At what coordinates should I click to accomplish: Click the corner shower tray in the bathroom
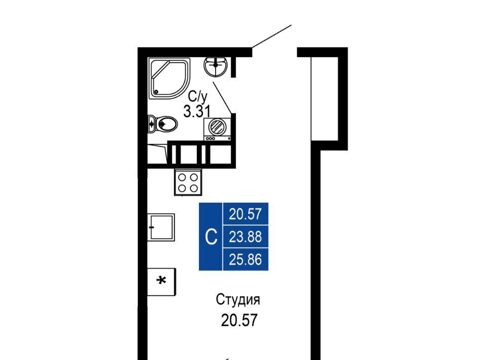pyautogui.click(x=169, y=79)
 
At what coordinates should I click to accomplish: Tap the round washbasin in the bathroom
pyautogui.click(x=216, y=66)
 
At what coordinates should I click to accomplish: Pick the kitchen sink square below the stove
pyautogui.click(x=161, y=227)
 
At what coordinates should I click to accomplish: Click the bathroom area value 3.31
pyautogui.click(x=197, y=111)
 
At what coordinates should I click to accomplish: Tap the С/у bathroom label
pyautogui.click(x=197, y=97)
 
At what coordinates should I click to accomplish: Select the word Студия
pyautogui.click(x=238, y=300)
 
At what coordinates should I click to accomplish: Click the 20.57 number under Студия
pyautogui.click(x=239, y=320)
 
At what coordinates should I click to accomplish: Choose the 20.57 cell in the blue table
pyautogui.click(x=246, y=214)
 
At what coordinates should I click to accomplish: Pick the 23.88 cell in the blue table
pyautogui.click(x=246, y=236)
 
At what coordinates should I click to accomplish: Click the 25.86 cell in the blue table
pyautogui.click(x=246, y=259)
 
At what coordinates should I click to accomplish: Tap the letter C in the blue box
pyautogui.click(x=211, y=237)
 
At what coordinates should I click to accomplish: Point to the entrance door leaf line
pyautogui.click(x=272, y=37)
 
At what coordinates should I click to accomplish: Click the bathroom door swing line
pyautogui.click(x=222, y=97)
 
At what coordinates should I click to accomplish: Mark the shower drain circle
pyautogui.click(x=156, y=92)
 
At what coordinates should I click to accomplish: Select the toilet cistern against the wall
pyautogui.click(x=151, y=124)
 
